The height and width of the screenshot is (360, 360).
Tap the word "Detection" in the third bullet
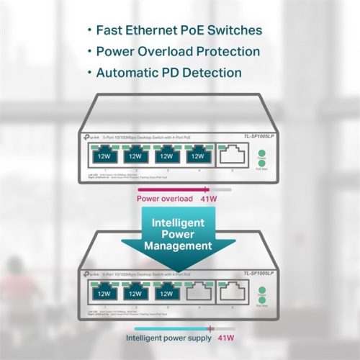click(211, 73)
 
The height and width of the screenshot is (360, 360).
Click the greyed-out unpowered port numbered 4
click(197, 294)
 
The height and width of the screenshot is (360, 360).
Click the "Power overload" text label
click(166, 199)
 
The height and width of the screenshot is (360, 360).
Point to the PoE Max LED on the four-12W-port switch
click(262, 161)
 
